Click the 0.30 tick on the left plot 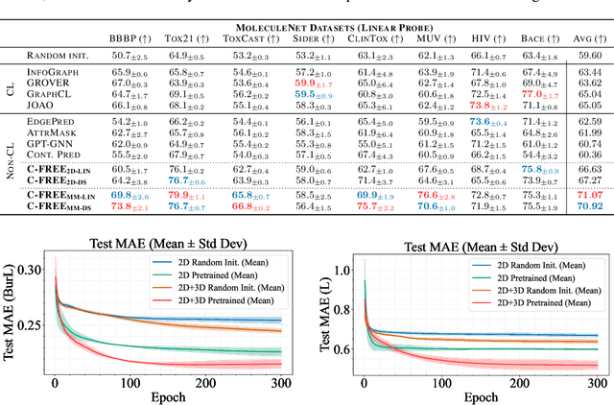point(35,270)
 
